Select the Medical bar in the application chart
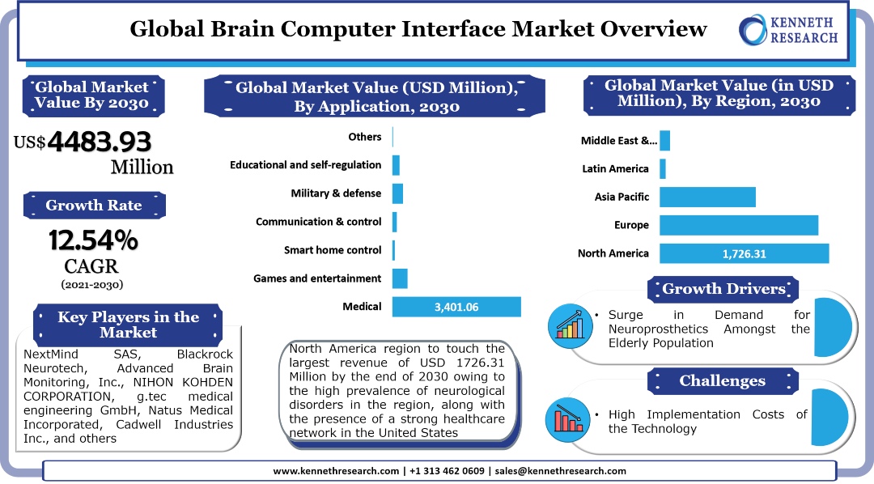pyautogui.click(x=456, y=307)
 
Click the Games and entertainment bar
pyautogui.click(x=400, y=278)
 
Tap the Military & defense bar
pyautogui.click(x=397, y=193)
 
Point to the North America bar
pyautogui.click(x=744, y=253)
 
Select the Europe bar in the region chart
pyautogui.click(x=739, y=225)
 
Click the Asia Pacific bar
pyautogui.click(x=707, y=197)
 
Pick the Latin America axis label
pyautogui.click(x=615, y=169)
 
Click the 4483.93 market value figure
pyautogui.click(x=100, y=142)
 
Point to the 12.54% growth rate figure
pyautogui.click(x=93, y=240)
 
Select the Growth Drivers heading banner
pyautogui.click(x=723, y=289)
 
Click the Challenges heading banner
pyautogui.click(x=722, y=380)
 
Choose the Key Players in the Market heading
pyautogui.click(x=128, y=324)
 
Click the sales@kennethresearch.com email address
pyautogui.click(x=560, y=471)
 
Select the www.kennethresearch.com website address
pyautogui.click(x=336, y=471)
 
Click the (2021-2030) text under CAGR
pyautogui.click(x=92, y=284)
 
